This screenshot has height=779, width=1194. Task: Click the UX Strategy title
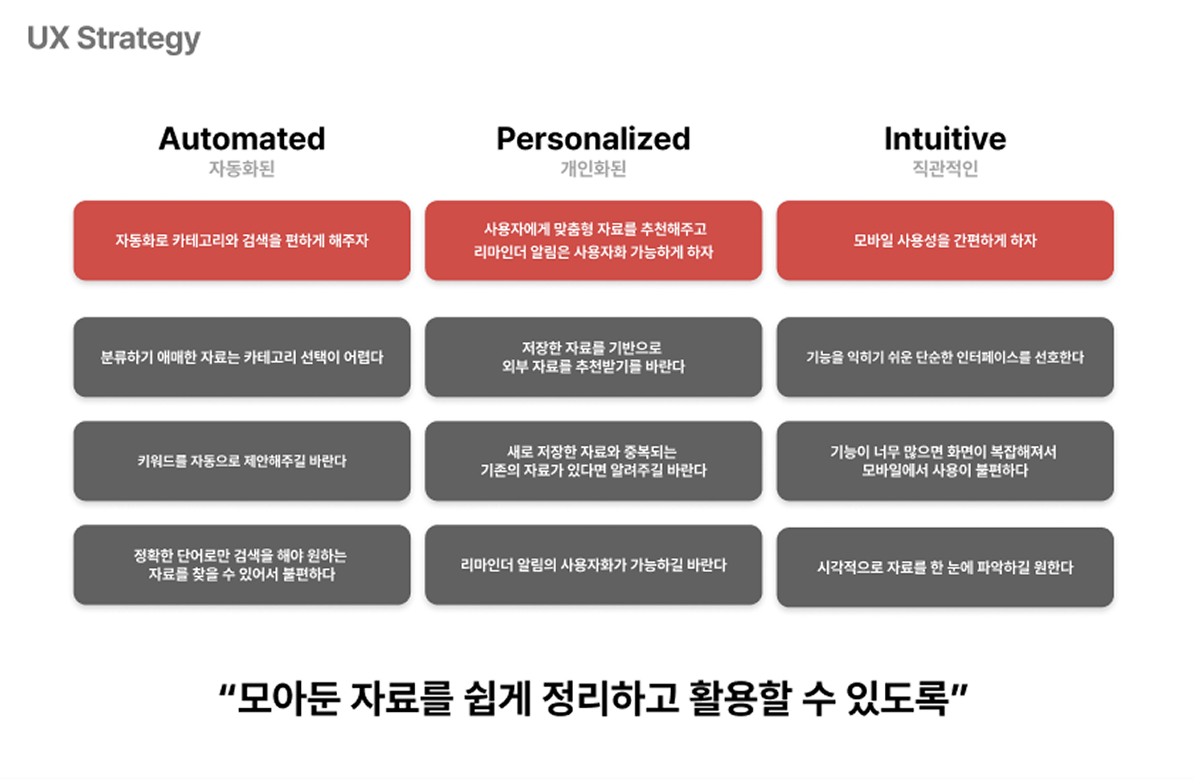click(x=114, y=39)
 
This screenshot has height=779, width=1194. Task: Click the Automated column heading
click(x=242, y=139)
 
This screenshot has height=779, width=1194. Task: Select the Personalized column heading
click(x=593, y=139)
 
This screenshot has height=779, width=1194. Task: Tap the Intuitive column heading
click(x=945, y=139)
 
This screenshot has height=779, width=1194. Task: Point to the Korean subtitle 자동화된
click(x=242, y=169)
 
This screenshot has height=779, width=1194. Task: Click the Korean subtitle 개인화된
click(x=593, y=169)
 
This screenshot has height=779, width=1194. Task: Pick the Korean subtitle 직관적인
click(x=945, y=169)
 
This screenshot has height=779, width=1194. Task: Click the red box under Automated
click(x=242, y=241)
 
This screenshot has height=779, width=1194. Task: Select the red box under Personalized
click(x=593, y=241)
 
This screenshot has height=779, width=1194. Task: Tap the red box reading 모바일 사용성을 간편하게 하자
click(x=945, y=241)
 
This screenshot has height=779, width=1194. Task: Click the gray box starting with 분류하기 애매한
click(x=242, y=357)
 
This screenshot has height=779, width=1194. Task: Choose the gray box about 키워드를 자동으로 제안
click(x=242, y=461)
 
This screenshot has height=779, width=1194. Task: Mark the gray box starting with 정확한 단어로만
click(x=242, y=564)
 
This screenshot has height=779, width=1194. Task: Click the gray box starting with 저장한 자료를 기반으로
click(x=593, y=357)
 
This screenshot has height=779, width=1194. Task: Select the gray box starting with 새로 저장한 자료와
click(x=593, y=461)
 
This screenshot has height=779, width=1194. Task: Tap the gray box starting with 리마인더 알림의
click(x=593, y=565)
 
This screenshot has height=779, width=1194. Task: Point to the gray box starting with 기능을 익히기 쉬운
click(x=945, y=357)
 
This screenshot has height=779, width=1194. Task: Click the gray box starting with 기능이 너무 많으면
click(x=945, y=461)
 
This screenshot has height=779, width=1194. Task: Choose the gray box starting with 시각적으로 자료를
click(x=945, y=567)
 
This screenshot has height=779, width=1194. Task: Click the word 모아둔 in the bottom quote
click(x=289, y=699)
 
